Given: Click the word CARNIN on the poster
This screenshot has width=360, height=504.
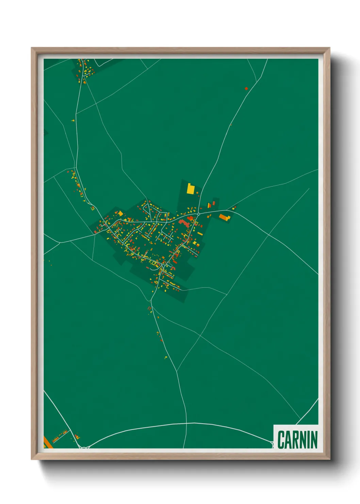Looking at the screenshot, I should [297, 439].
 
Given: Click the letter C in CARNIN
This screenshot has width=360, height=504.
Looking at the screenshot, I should [281, 439].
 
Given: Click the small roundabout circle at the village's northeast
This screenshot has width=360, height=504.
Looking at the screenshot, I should [198, 214].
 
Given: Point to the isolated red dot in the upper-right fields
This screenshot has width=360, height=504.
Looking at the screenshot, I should [246, 89].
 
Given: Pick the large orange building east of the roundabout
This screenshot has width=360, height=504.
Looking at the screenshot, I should [224, 217].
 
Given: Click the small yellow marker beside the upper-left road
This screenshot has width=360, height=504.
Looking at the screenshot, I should [73, 120].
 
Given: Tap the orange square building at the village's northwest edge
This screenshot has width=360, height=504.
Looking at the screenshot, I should [120, 214].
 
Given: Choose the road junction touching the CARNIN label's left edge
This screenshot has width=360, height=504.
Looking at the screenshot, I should [273, 443].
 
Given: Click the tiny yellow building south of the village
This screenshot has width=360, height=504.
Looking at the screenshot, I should [166, 357].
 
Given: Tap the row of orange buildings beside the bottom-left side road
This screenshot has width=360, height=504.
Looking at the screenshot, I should [60, 436].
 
